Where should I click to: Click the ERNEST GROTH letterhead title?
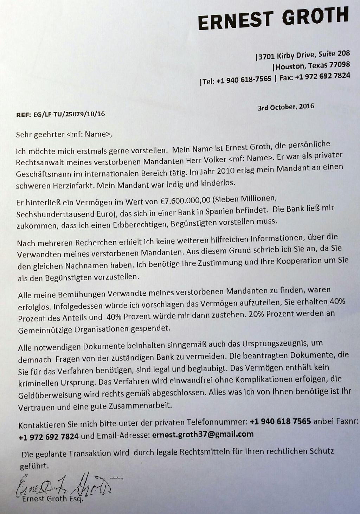point(273,18)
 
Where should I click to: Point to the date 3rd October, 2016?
point(286,107)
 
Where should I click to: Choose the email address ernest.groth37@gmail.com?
point(203,434)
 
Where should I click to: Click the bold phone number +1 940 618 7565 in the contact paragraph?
point(280,421)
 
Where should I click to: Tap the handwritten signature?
point(67,485)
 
